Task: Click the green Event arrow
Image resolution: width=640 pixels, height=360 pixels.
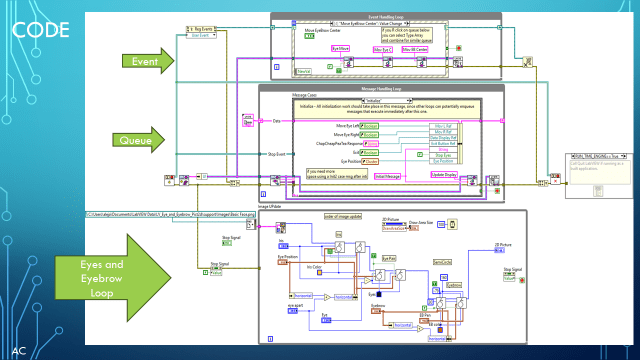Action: (x=144, y=62)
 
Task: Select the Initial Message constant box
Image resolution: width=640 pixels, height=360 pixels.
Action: (x=387, y=176)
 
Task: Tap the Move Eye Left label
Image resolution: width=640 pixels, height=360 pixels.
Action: (x=319, y=126)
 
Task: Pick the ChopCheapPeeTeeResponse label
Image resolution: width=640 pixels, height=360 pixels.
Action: (x=311, y=143)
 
